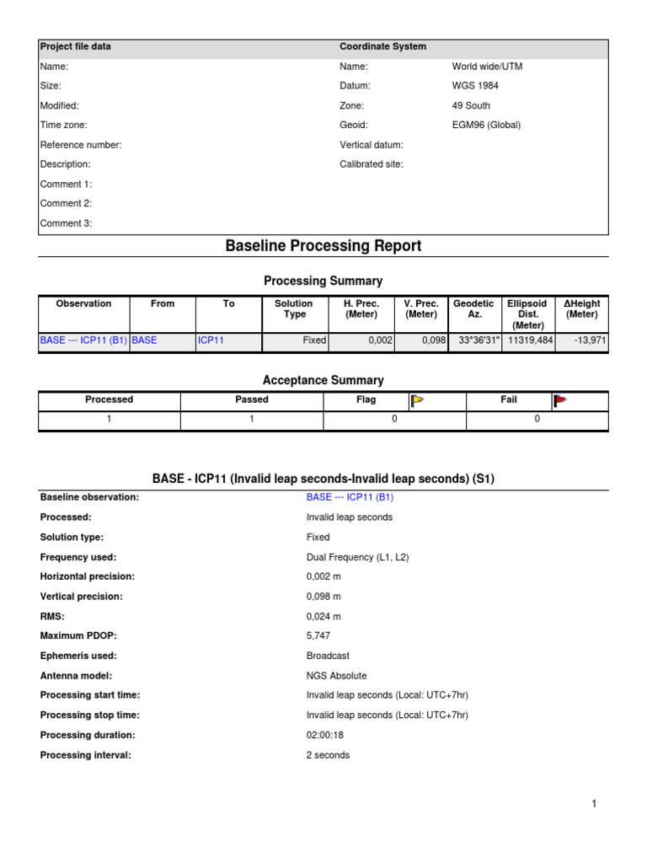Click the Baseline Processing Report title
point(323,246)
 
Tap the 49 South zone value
point(471,105)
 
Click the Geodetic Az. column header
point(473,308)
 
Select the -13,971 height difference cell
point(580,341)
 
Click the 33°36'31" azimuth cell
point(475,341)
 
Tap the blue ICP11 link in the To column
point(210,341)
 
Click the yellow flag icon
point(417,401)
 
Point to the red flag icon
point(559,401)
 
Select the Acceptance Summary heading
point(323,380)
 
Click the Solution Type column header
point(293,308)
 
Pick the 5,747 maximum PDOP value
point(321,635)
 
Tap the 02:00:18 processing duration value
point(325,735)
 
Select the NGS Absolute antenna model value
point(337,675)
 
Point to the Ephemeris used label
point(78,656)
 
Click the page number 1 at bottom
point(594,804)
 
